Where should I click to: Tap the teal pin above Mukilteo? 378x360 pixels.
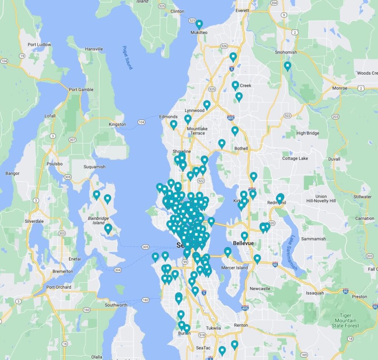click(199, 24)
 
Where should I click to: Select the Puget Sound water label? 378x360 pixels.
click(127, 58)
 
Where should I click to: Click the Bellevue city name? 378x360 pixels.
click(243, 243)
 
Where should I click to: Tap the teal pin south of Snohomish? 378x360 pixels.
click(288, 66)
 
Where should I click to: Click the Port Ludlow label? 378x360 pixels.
click(39, 45)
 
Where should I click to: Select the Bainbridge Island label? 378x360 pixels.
click(99, 221)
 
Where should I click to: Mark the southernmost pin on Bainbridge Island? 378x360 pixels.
click(108, 228)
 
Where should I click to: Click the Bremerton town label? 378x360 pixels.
click(63, 271)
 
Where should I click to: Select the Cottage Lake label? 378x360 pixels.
click(295, 159)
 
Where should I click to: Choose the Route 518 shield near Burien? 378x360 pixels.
click(202, 335)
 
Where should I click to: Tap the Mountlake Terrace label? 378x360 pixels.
click(197, 131)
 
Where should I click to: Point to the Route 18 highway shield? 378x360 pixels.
click(350, 339)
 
